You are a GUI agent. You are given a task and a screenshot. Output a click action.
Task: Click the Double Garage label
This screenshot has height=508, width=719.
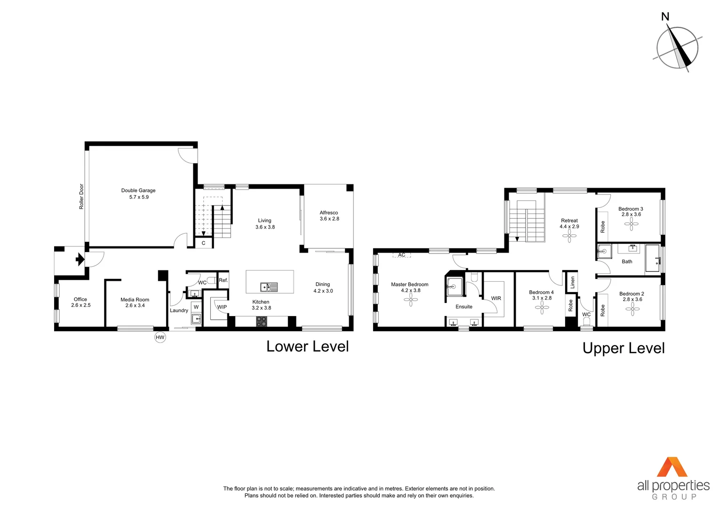(138, 193)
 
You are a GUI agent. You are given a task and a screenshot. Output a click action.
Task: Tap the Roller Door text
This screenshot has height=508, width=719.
(81, 196)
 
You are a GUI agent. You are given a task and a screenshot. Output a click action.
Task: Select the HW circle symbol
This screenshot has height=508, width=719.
(160, 337)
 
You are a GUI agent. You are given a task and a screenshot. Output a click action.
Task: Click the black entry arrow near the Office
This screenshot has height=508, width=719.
(80, 259)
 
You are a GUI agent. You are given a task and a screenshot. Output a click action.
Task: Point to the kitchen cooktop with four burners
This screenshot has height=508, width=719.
(261, 322)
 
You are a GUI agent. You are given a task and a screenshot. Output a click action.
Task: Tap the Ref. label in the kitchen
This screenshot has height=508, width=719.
(223, 280)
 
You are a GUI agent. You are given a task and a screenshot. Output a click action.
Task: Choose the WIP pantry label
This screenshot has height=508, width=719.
(222, 307)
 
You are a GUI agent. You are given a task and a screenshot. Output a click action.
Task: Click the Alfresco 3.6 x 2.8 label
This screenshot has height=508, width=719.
(329, 215)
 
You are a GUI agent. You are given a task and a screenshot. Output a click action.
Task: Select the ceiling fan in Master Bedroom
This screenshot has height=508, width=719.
(410, 300)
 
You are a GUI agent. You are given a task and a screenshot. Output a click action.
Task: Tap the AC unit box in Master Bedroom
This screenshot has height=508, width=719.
(401, 255)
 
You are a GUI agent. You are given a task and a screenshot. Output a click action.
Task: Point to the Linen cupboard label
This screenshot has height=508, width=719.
(572, 282)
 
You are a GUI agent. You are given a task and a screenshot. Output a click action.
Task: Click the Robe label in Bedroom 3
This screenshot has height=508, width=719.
(602, 227)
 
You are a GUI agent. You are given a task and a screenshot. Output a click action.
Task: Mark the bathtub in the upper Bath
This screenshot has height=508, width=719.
(652, 258)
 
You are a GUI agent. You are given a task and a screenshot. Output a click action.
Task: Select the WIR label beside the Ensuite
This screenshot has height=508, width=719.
(496, 298)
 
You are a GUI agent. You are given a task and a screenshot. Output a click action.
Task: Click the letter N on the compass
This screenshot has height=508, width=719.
(665, 17)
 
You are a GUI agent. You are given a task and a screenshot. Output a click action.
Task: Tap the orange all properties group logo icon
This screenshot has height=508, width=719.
(672, 467)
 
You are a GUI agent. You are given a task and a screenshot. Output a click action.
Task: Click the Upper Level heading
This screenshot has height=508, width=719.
(623, 348)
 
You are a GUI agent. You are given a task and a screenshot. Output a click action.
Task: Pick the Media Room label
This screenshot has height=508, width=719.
(135, 302)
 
